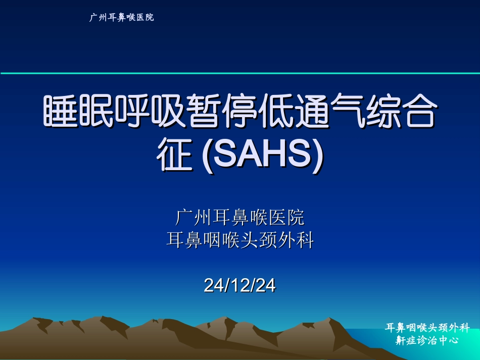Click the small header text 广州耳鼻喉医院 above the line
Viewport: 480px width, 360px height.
click(122, 18)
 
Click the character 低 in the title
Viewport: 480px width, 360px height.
click(277, 112)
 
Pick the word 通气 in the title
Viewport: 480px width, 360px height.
click(332, 112)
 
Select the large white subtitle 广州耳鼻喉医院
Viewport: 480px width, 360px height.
click(240, 218)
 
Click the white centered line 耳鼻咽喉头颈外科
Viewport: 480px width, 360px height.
click(240, 241)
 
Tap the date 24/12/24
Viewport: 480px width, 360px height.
click(239, 286)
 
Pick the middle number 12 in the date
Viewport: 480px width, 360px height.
click(239, 286)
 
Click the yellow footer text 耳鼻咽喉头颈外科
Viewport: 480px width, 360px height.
click(427, 328)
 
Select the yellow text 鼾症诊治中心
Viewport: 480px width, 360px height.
click(427, 340)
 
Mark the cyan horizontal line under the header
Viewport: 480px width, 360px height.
click(240, 73)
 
